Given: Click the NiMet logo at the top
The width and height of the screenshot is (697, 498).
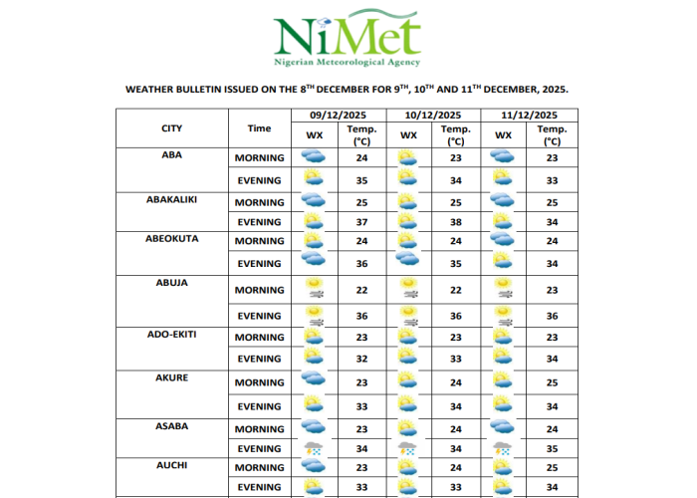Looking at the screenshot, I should (348, 38).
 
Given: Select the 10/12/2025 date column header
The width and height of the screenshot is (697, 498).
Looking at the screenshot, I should (433, 116).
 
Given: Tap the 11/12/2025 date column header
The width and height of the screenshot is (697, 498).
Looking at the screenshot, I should (529, 116).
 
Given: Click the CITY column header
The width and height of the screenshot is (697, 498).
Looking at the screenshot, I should (171, 128).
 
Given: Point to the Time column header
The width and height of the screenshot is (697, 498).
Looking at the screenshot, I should (259, 128).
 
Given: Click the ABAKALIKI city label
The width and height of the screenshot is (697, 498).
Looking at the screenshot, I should (171, 199).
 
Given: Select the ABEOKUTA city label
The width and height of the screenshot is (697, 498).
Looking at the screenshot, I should (171, 239).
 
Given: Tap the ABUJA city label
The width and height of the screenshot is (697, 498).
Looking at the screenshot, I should (171, 283).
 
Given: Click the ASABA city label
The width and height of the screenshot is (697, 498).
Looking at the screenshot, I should (171, 426).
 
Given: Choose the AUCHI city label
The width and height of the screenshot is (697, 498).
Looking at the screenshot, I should (171, 464).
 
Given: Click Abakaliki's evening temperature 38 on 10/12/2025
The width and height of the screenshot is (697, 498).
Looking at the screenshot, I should (456, 221).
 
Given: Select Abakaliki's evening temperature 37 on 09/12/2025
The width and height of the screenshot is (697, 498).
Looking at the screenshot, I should (360, 221).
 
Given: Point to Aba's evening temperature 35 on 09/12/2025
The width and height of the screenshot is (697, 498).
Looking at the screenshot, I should (360, 180).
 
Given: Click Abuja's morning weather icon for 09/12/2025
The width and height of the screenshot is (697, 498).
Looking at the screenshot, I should (314, 289).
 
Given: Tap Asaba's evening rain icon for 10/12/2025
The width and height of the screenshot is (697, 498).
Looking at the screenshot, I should (408, 449).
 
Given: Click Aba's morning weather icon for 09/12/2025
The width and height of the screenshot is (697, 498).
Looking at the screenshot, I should (314, 157).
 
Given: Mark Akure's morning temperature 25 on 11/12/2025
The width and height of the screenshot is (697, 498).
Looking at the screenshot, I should (552, 382).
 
